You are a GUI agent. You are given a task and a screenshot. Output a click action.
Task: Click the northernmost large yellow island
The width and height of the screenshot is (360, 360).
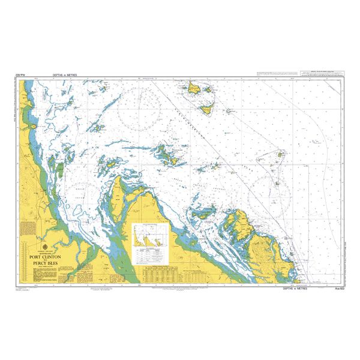point(196,89)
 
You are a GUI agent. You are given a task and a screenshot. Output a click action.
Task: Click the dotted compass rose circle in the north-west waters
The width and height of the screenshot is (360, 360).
point(140,110)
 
